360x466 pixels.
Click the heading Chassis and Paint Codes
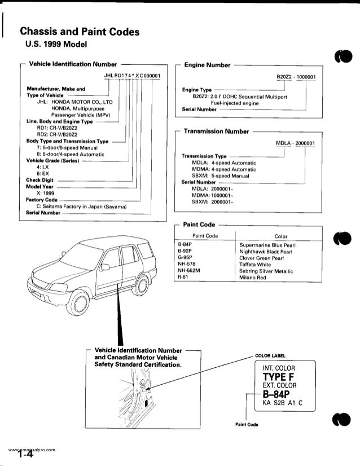coord(80,32)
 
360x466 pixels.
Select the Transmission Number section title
coord(216,131)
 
